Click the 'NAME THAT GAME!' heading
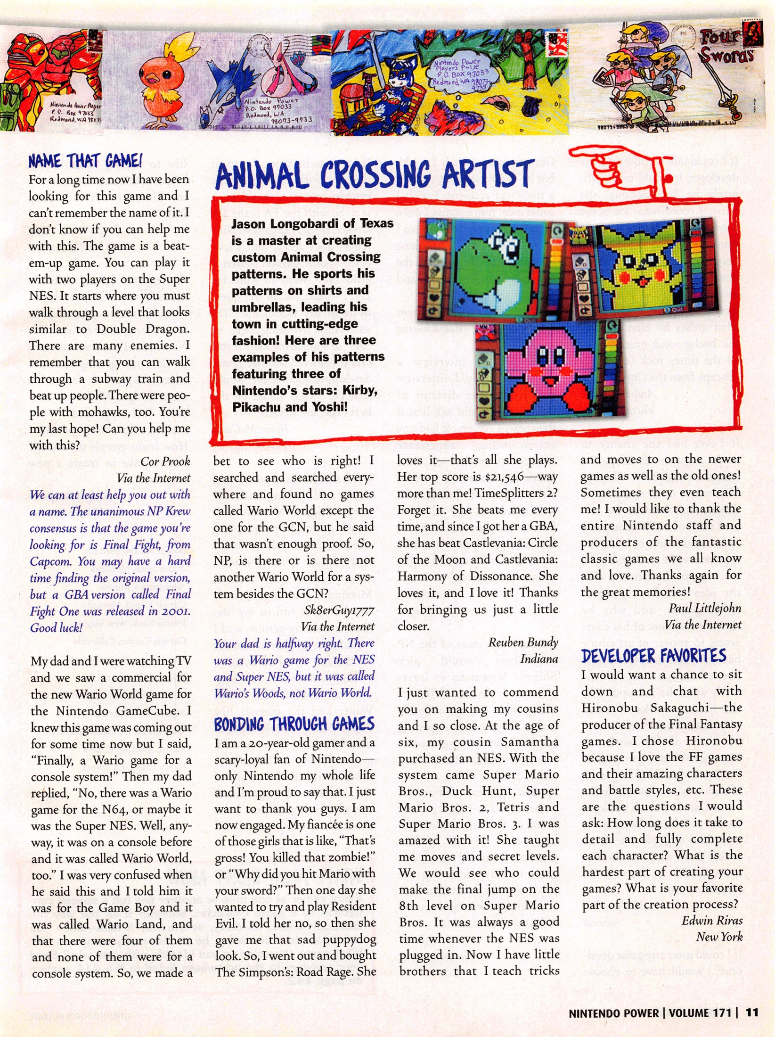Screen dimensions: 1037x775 coord(85,161)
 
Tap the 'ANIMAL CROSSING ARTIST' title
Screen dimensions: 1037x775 coord(375,175)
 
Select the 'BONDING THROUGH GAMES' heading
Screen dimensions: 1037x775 coord(294,724)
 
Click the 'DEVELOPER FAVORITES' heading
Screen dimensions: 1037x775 coord(653,656)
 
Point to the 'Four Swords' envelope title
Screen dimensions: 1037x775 coord(726,47)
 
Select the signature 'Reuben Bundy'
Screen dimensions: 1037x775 coord(523,642)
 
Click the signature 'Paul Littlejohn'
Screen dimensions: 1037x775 coord(705,608)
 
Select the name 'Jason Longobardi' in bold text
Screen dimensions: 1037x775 coord(280,223)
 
